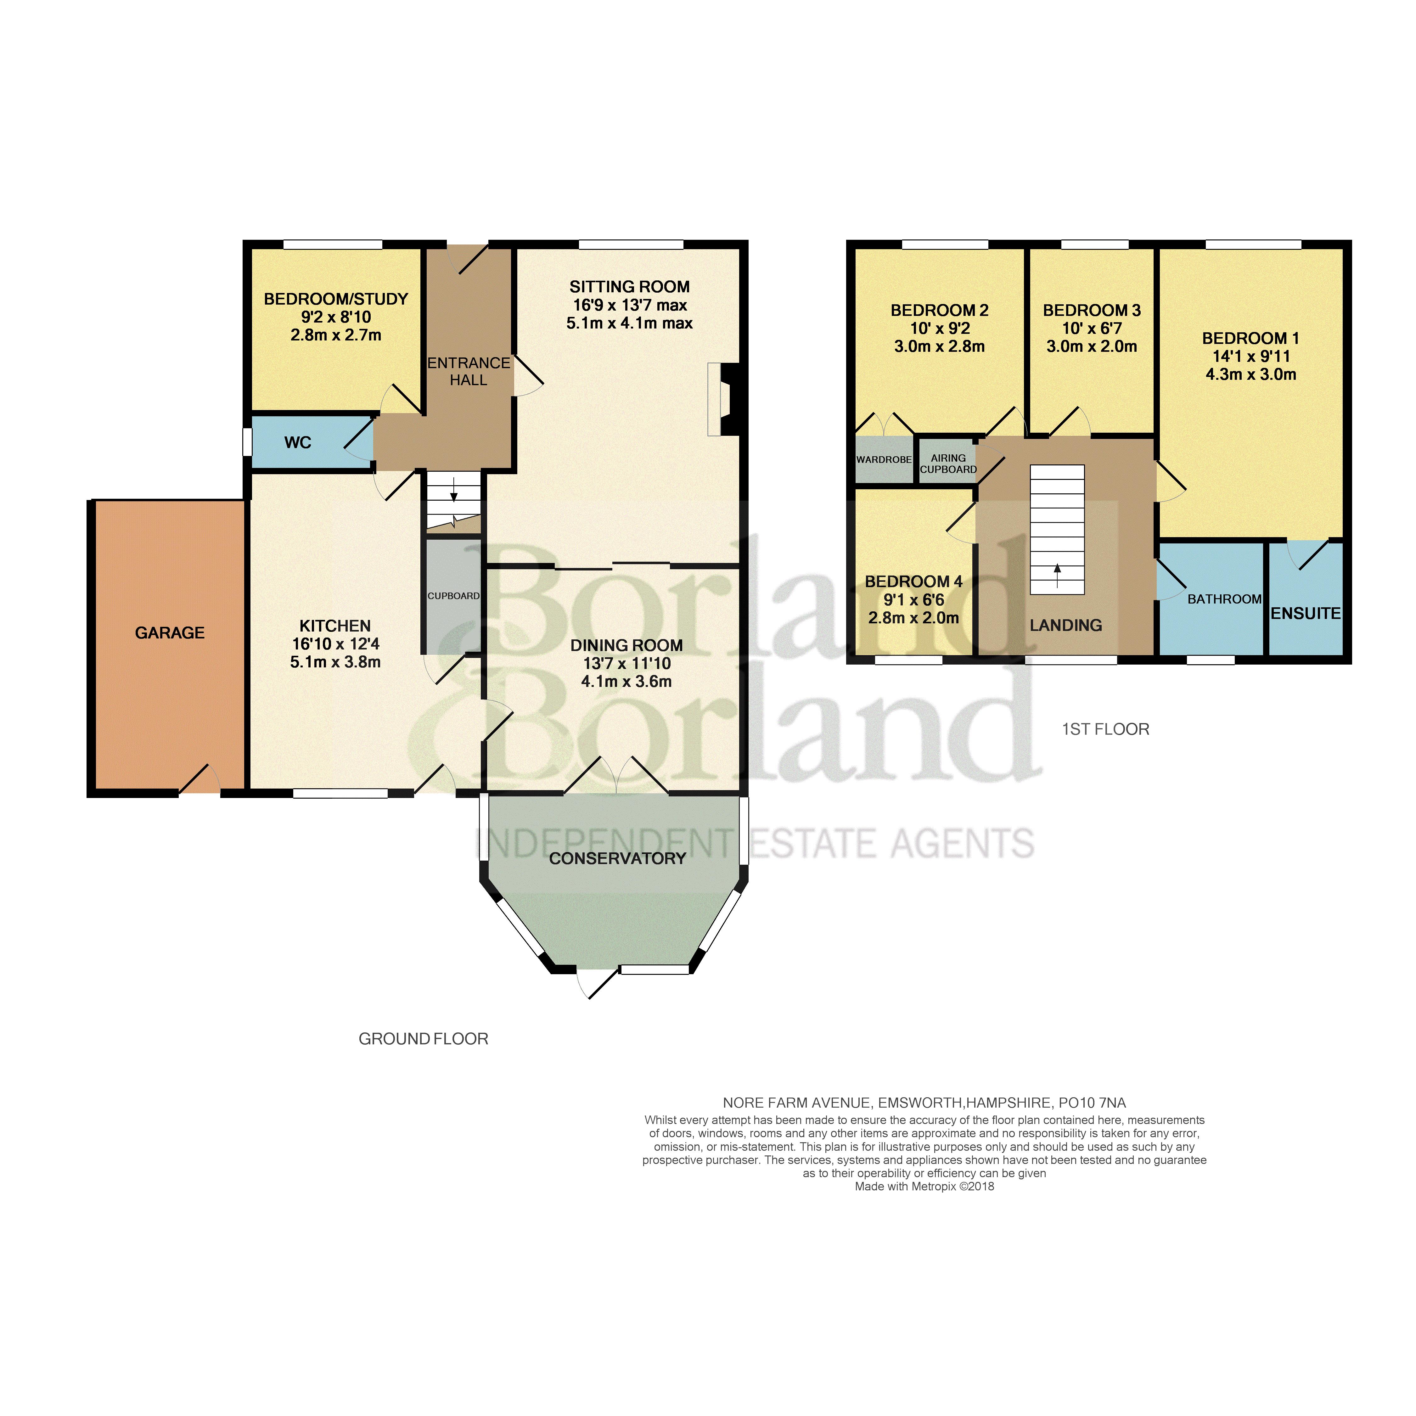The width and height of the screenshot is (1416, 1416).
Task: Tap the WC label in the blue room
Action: [x=298, y=443]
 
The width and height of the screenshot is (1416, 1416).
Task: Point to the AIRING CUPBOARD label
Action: [x=948, y=463]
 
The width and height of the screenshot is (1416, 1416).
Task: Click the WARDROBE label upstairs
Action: [x=884, y=459]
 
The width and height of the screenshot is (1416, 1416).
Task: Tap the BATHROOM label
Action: [x=1225, y=599]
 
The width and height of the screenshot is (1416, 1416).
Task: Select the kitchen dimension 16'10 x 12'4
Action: [x=335, y=643]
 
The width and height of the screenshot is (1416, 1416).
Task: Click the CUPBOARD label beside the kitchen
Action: [x=454, y=596]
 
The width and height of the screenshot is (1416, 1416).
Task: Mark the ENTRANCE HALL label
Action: [x=468, y=372]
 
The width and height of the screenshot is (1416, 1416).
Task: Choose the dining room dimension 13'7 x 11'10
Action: [x=626, y=663]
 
